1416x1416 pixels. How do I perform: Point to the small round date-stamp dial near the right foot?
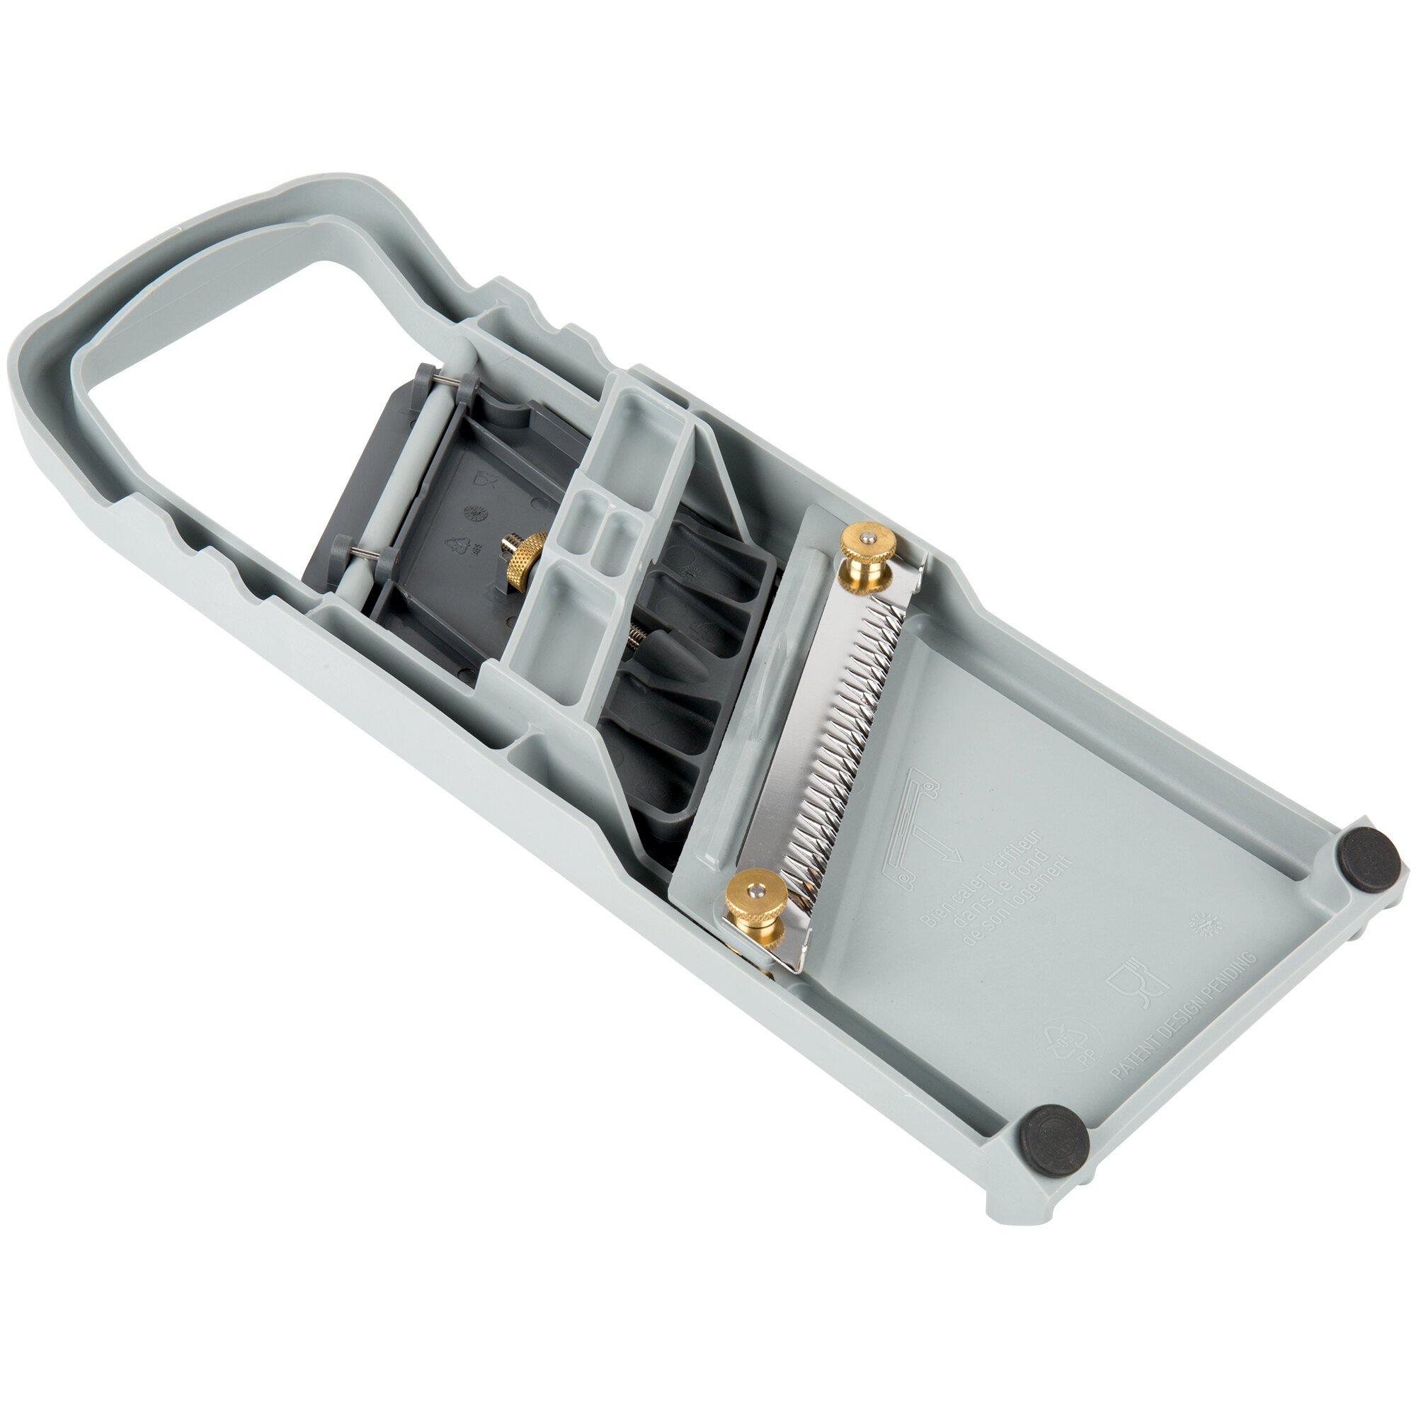coord(1204,925)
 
